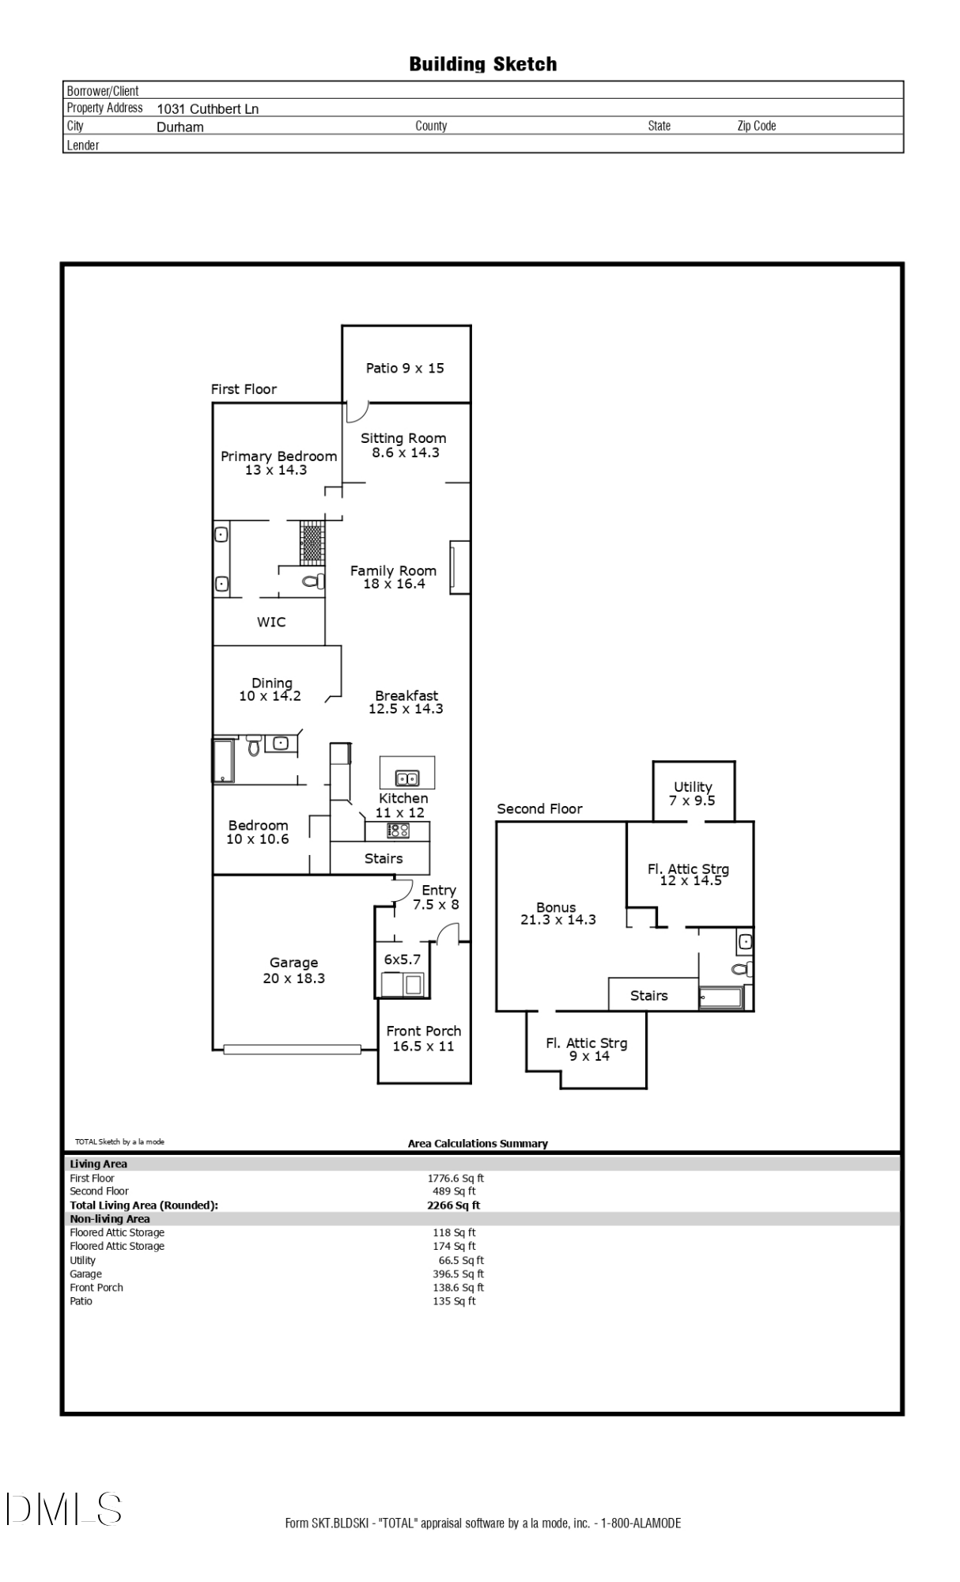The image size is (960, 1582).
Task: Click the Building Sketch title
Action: [482, 64]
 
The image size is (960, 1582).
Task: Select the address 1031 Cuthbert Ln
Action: [207, 109]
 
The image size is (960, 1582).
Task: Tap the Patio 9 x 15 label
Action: [405, 368]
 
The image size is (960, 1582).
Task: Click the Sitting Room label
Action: [404, 445]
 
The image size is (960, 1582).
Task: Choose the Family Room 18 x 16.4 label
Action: [394, 577]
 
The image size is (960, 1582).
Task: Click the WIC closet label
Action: [271, 622]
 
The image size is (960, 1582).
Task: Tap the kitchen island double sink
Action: [407, 778]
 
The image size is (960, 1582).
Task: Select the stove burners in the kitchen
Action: [398, 831]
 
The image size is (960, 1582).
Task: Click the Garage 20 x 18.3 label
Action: [293, 970]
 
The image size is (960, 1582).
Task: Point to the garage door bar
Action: [292, 1050]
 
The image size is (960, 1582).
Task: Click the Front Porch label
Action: [424, 1038]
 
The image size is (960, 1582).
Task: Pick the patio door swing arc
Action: [358, 411]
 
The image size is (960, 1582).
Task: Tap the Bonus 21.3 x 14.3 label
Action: [557, 913]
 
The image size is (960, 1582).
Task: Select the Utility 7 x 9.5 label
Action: [693, 793]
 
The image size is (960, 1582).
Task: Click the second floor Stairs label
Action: [649, 995]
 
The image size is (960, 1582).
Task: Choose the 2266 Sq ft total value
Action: [453, 1205]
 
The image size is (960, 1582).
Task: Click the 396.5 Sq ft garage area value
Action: [458, 1274]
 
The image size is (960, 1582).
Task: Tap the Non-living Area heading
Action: [110, 1219]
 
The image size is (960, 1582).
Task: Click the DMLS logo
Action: [64, 1508]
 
